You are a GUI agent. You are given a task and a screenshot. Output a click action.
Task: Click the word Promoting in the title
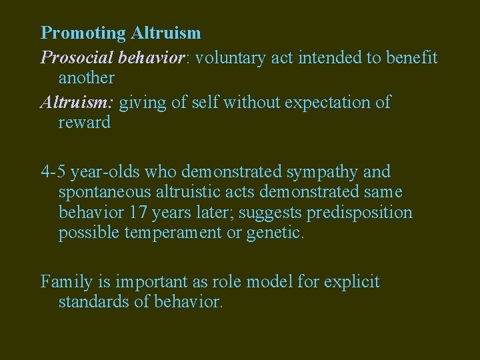point(83,33)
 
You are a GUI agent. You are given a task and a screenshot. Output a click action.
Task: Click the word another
point(87,78)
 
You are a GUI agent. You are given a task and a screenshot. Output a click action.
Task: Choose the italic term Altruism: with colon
point(77,103)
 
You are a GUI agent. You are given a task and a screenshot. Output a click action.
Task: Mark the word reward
point(85,123)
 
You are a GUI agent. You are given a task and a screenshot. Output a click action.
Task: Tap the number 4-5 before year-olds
point(53,172)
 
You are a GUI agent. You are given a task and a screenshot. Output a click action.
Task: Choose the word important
point(133,282)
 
